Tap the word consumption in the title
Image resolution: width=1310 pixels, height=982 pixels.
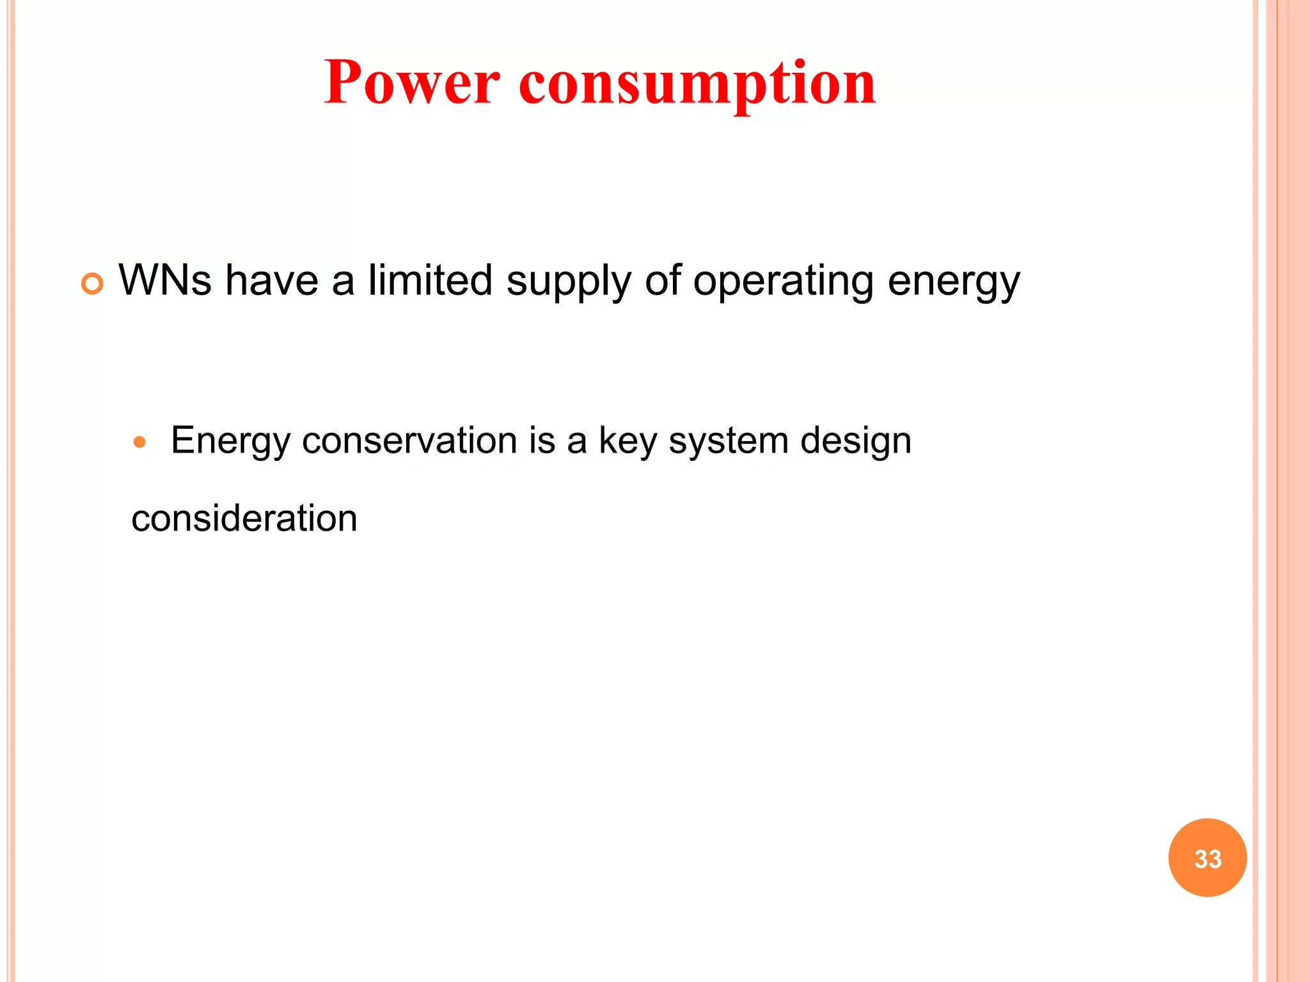click(x=697, y=84)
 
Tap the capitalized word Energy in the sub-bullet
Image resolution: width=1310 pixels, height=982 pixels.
click(x=231, y=442)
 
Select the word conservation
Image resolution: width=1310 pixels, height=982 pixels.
click(x=409, y=440)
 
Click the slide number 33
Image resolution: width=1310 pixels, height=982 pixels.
click(x=1208, y=858)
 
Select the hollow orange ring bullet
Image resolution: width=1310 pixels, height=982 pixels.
click(x=93, y=283)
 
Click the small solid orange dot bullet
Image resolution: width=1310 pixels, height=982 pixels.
click(x=139, y=442)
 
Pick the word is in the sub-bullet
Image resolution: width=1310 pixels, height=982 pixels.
click(x=542, y=440)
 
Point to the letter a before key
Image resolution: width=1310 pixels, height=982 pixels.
click(x=576, y=442)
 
